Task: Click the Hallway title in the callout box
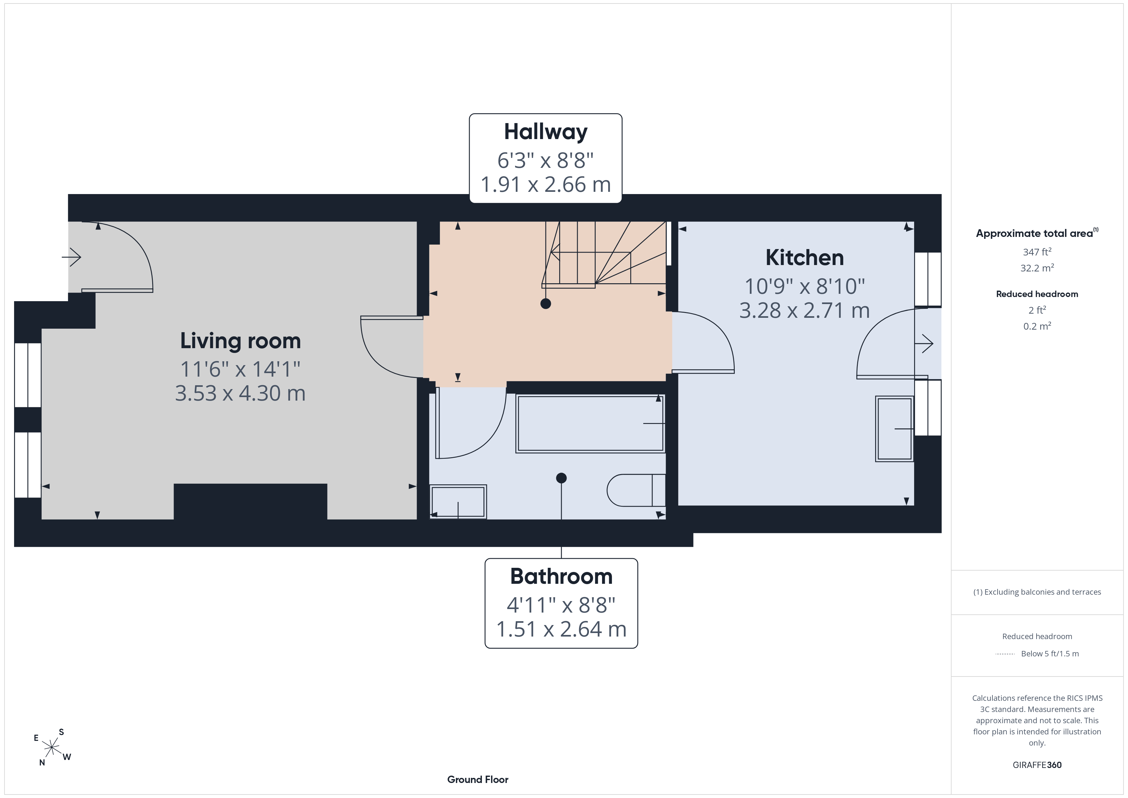[x=545, y=132]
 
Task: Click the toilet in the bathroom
[x=636, y=490]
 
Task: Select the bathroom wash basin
[x=458, y=502]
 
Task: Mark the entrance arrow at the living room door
[x=71, y=256]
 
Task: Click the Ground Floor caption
[x=478, y=779]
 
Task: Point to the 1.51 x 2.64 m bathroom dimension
[x=561, y=629]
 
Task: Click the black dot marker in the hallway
[x=545, y=304]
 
